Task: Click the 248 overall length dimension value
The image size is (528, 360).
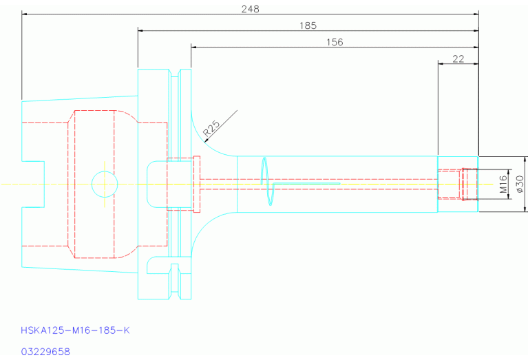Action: [x=250, y=9]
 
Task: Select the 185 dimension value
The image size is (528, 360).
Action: [x=308, y=25]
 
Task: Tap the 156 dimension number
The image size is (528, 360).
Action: [x=335, y=42]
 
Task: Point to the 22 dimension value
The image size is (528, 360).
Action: [x=458, y=59]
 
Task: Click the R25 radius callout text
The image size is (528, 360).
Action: [x=212, y=128]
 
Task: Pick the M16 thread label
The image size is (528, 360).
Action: [x=503, y=184]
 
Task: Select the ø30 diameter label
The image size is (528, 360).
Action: [x=520, y=184]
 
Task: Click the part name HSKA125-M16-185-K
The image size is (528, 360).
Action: [x=75, y=330]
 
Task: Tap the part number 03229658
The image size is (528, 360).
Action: [x=45, y=352]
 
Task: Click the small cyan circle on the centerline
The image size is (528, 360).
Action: [x=105, y=171]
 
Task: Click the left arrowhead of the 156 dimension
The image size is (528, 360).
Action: [x=194, y=47]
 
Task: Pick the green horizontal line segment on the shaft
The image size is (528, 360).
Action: [x=306, y=184]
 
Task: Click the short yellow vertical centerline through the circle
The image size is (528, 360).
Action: [x=105, y=184]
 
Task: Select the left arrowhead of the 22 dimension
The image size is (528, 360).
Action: [x=441, y=63]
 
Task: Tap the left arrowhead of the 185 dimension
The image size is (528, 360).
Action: [x=140, y=31]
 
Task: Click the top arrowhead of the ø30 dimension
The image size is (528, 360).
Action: [x=525, y=159]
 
